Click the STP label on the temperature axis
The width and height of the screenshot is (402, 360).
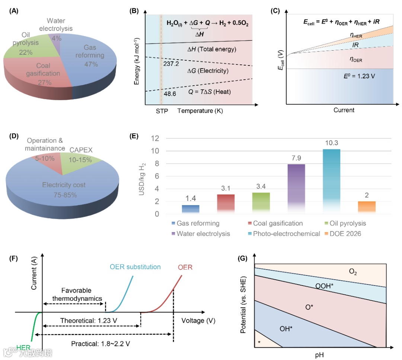pyautogui.click(x=162, y=111)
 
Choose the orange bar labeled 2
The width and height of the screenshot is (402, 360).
pyautogui.click(x=367, y=207)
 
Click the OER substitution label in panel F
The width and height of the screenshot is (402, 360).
pyautogui.click(x=135, y=267)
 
